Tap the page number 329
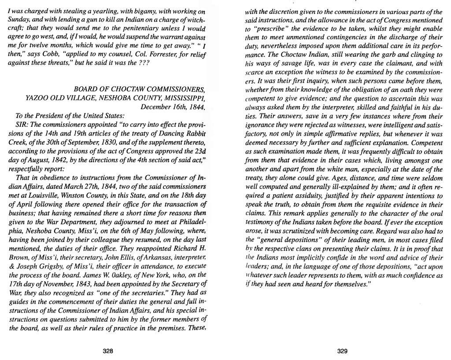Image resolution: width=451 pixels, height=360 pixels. click(343, 351)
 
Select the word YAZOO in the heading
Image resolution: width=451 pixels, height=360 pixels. click(37, 98)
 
